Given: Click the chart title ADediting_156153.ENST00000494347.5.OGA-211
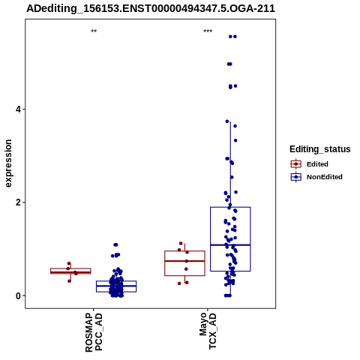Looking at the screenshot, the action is pos(151,8).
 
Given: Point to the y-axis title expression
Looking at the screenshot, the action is pos(8,163).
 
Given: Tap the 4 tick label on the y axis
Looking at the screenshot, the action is pos(19,109).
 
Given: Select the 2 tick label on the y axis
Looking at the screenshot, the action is pos(19,202).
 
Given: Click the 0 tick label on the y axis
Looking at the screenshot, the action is pos(19,295).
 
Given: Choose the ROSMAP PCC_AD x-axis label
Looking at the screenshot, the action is pos(94,332).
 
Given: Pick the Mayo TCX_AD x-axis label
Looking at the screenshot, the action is pos(208,331).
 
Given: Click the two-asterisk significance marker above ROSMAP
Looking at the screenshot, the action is pos(94,31).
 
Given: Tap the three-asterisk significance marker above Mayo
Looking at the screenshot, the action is pos(208,31).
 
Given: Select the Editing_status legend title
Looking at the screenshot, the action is pos(320,149).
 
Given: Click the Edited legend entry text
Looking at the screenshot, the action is pos(317,164).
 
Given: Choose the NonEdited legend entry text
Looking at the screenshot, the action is pos(325,177).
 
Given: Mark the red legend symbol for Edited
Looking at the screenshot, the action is pos(296,164).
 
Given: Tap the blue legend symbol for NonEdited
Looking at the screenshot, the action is pos(296,177).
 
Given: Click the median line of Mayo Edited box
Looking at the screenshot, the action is pos(184,261).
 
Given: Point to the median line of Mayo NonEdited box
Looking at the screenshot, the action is pos(230,244).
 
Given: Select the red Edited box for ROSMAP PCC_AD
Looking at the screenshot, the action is pos(70,271).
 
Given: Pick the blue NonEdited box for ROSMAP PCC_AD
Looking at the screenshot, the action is pos(116,286).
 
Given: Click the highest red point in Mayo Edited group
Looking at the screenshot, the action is pos(181,243).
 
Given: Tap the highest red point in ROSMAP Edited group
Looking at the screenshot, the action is pos(69,263).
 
